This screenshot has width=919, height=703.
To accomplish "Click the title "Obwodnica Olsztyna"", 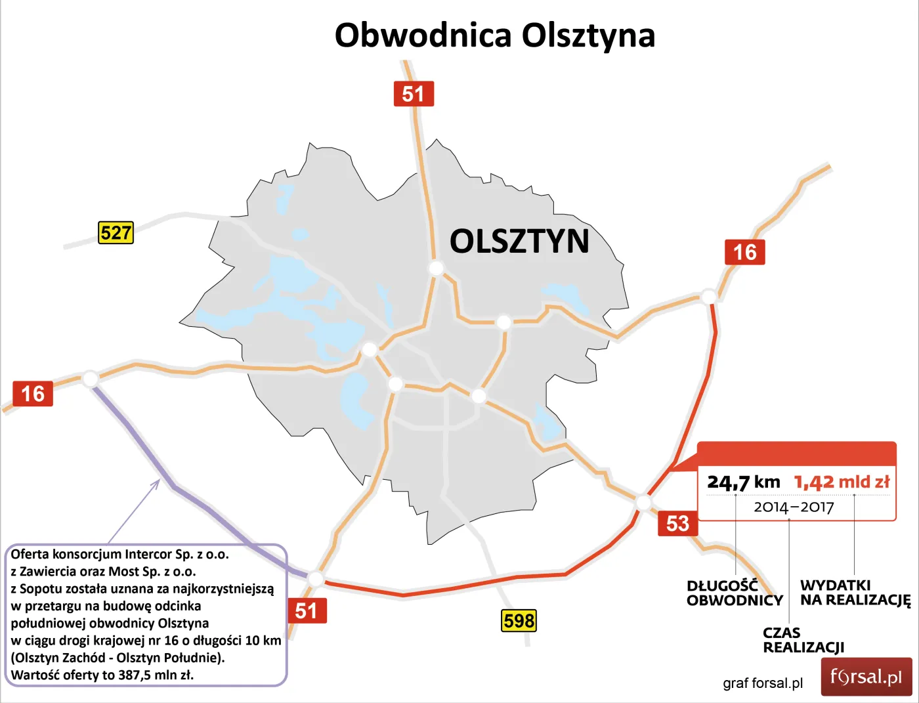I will [x=494, y=35].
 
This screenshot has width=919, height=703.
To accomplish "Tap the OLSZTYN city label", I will [x=519, y=241].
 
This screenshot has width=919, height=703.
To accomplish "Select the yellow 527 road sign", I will [x=116, y=233].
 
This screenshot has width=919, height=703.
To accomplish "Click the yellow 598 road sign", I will [x=519, y=620].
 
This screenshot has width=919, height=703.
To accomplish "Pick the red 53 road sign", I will [x=677, y=523].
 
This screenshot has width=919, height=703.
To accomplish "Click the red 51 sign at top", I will [x=413, y=94].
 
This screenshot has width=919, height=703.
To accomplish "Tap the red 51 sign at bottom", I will [x=307, y=610].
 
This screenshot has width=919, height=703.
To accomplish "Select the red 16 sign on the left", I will [x=33, y=394].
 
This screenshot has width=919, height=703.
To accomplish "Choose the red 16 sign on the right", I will [x=744, y=252].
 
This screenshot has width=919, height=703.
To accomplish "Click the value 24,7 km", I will [x=743, y=482].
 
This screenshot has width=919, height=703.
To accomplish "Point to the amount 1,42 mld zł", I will [x=842, y=482].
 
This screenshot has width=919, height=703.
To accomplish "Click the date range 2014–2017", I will [x=793, y=507].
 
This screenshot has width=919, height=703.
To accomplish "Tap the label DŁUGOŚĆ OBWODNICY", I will [x=735, y=593].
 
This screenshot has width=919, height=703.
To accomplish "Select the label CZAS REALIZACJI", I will [x=803, y=640].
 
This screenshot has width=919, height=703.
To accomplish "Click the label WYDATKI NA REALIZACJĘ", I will [x=855, y=593].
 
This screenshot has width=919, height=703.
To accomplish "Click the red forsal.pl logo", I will [x=866, y=677].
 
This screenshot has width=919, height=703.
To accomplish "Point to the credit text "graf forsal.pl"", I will [x=763, y=683].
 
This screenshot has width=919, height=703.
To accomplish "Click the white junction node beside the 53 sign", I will [x=643, y=503].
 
